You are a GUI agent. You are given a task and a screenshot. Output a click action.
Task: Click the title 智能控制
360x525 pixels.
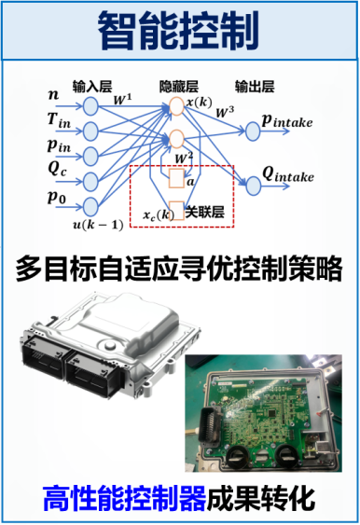(x=178, y=31)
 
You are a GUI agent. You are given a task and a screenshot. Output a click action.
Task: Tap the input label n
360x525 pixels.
(x=53, y=94)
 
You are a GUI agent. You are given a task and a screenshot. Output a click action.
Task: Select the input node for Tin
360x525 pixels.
(x=90, y=131)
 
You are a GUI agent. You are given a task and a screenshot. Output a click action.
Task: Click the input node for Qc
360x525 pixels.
(x=90, y=181)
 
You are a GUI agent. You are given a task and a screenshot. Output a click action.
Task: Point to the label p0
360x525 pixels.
(x=57, y=197)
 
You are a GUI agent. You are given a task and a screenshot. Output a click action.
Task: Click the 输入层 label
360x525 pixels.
(x=92, y=87)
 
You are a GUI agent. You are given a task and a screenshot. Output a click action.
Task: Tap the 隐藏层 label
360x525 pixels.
(x=178, y=87)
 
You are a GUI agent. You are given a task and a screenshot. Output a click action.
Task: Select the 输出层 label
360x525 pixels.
(x=255, y=87)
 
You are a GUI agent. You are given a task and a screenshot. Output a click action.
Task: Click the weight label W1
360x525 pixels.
(x=122, y=100)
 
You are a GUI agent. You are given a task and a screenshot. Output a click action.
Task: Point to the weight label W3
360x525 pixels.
(x=225, y=112)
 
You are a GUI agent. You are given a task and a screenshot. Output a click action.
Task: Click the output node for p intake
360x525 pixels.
(x=253, y=131)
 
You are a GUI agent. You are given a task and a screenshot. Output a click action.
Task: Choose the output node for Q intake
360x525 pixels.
(x=253, y=186)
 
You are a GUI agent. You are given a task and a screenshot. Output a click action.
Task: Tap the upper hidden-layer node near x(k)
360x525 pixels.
(x=176, y=106)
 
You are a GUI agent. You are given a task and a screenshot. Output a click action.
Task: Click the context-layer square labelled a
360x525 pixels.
(x=176, y=178)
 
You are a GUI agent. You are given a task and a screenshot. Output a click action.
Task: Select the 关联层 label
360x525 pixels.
(x=204, y=212)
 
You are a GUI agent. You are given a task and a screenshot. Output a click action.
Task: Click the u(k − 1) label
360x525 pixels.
(x=98, y=225)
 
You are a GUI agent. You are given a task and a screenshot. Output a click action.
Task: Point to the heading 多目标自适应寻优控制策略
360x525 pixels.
(x=179, y=269)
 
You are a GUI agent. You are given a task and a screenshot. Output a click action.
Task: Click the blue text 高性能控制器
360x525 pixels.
(x=124, y=499)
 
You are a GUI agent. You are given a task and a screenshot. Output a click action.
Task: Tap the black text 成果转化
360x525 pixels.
(x=260, y=499)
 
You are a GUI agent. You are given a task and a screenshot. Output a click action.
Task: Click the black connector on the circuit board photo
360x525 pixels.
(x=209, y=426)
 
